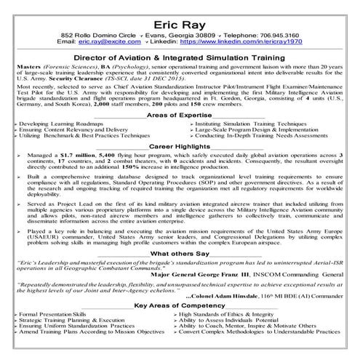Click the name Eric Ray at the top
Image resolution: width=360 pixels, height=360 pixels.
pyautogui.click(x=180, y=20)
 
